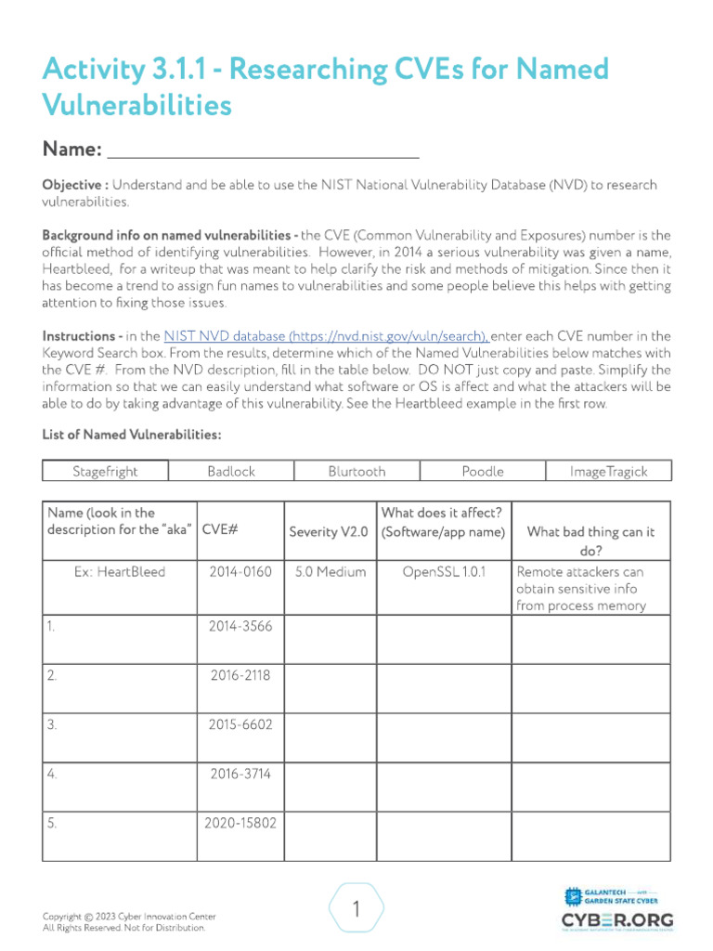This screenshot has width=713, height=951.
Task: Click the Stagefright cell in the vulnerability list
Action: coord(105,471)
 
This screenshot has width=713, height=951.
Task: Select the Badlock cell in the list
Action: coord(231,471)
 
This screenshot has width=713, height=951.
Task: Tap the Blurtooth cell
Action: coord(356,471)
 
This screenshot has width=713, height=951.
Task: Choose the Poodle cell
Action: coord(482,471)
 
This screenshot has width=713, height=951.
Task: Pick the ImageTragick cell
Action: coord(608,471)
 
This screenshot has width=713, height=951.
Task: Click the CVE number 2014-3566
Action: coord(240,626)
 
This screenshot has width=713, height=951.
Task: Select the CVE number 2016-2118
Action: coord(240,675)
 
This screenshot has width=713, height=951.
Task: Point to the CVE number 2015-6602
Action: coord(240,724)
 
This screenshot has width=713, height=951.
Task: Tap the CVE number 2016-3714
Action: coord(240,773)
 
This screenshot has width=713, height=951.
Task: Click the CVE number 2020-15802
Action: coord(240,822)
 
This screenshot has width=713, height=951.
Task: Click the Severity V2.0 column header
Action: coord(329,532)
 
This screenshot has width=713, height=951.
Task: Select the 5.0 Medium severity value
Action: coord(329,572)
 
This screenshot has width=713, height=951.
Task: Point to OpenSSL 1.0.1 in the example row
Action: coord(443,572)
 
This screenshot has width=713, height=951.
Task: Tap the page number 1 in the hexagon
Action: coord(356,910)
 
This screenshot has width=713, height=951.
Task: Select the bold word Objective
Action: coord(75,185)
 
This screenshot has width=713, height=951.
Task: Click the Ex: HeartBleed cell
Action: coord(120,572)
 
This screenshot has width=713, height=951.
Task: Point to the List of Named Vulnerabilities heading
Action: coord(131,435)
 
